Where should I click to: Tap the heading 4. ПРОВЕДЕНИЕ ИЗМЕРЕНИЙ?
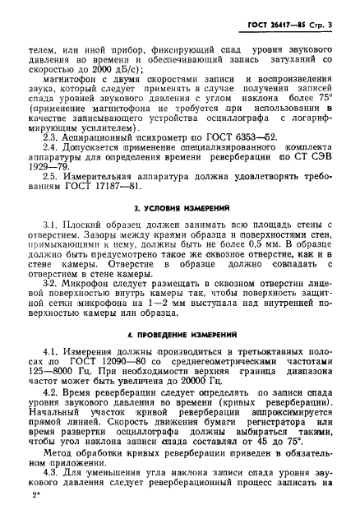click(178, 335)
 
